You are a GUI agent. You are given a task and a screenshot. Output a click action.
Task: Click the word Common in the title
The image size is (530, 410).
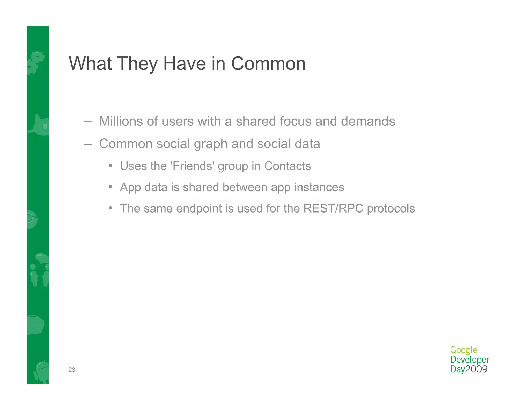click(x=268, y=63)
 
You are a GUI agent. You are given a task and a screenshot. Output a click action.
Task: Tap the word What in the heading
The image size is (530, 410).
click(x=90, y=63)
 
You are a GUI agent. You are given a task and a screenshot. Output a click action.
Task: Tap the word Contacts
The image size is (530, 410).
click(x=287, y=166)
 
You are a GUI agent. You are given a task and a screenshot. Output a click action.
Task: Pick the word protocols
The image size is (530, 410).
click(x=391, y=209)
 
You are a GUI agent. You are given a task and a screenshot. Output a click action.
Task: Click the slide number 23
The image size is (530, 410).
click(x=72, y=370)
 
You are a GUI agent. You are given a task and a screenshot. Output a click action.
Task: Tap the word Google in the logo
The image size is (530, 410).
click(x=463, y=350)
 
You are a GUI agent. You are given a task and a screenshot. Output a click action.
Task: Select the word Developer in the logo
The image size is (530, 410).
click(x=469, y=360)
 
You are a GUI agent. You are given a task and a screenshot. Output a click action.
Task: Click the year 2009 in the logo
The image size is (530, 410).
click(x=476, y=369)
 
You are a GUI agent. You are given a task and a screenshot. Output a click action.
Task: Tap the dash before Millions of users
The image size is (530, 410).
click(x=88, y=122)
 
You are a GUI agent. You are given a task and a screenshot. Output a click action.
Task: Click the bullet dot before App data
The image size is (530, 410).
click(x=111, y=187)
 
